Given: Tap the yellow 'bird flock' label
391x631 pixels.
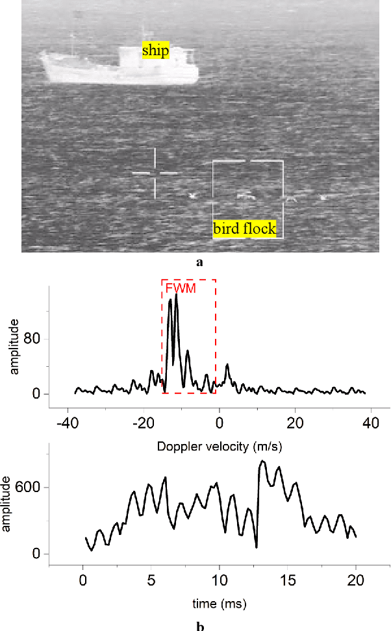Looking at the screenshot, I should pos(244,229).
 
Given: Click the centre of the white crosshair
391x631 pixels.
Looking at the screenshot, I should pos(155,173).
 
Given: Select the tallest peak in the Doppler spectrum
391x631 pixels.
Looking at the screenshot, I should pos(176,295).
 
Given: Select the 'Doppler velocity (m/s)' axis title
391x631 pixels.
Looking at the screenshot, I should pos(220,447).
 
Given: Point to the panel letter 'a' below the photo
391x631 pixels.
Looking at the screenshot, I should pos(199,262).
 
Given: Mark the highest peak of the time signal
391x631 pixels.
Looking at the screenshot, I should pos(262,461).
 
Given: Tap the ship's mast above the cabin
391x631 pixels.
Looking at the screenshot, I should pos(142,34).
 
